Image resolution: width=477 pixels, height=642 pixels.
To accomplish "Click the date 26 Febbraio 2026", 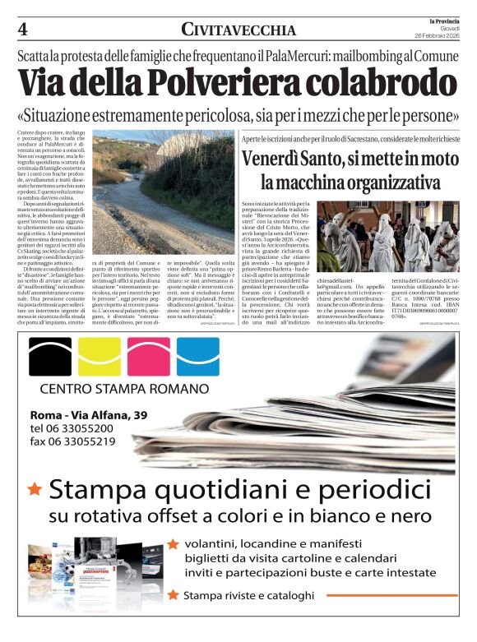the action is pyautogui.click(x=439, y=35).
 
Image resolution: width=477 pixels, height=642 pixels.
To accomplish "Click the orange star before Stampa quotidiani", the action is pyautogui.click(x=35, y=490).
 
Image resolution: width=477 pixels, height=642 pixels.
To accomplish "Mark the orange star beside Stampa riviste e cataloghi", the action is pyautogui.click(x=173, y=594).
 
